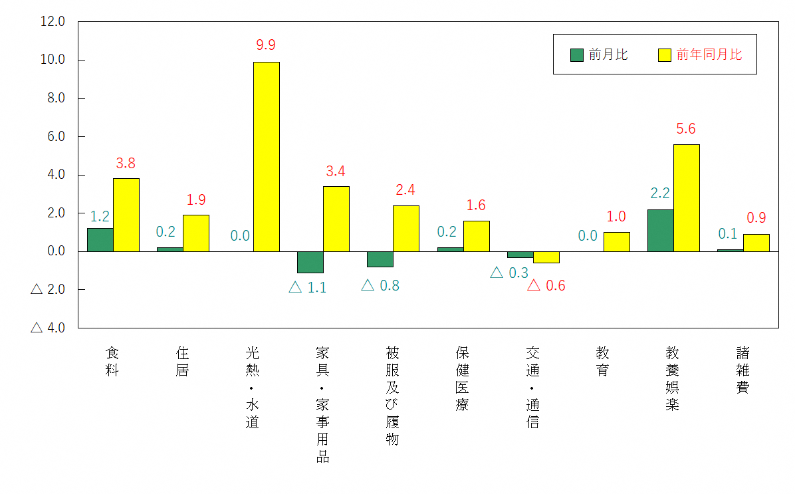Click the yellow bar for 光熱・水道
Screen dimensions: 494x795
click(x=266, y=156)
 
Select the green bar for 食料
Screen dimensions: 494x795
click(x=100, y=239)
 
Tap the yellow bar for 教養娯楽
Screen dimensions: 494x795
click(x=686, y=197)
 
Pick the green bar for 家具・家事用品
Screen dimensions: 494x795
click(x=310, y=262)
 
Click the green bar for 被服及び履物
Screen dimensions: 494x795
click(x=380, y=259)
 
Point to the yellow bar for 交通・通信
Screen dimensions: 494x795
click(x=546, y=257)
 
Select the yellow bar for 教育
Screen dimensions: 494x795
click(x=616, y=241)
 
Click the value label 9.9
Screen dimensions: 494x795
click(x=266, y=45)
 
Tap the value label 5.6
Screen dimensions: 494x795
click(x=685, y=129)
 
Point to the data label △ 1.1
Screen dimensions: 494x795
click(x=308, y=288)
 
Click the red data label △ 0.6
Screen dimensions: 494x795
click(x=546, y=286)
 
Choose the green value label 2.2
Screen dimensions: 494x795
click(x=660, y=193)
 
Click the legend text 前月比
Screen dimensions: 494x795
click(x=608, y=55)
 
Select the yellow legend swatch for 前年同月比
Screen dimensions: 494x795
click(x=665, y=55)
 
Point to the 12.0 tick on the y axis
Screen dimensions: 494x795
click(x=53, y=21)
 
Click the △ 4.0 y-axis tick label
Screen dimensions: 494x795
click(x=47, y=328)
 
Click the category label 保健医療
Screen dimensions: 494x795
click(x=462, y=378)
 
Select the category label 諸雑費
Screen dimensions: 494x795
click(x=742, y=370)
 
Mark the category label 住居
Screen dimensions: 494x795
click(x=182, y=361)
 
